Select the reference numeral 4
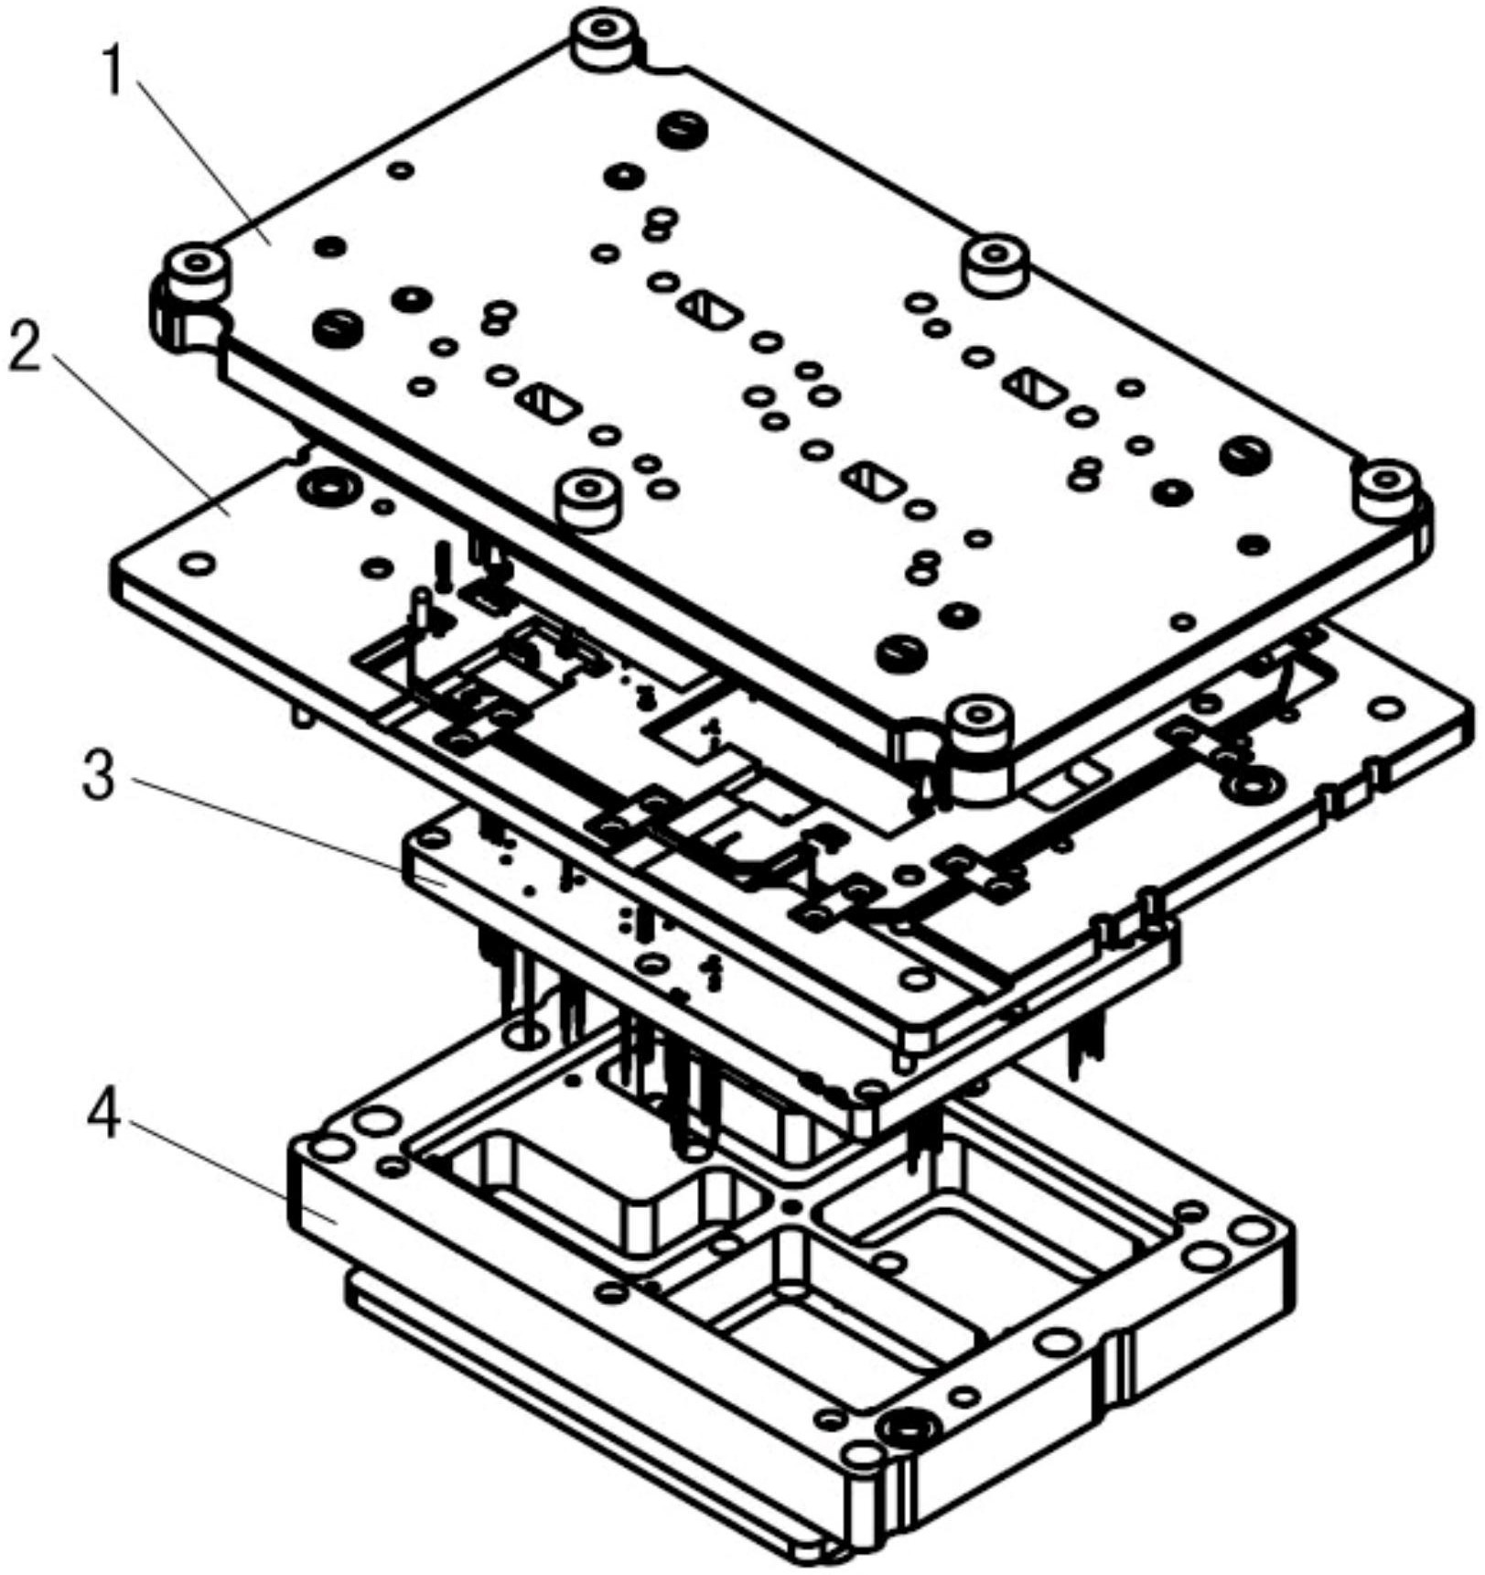tap(103, 1116)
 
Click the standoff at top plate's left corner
tap(196, 270)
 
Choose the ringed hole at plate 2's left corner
tap(325, 486)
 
